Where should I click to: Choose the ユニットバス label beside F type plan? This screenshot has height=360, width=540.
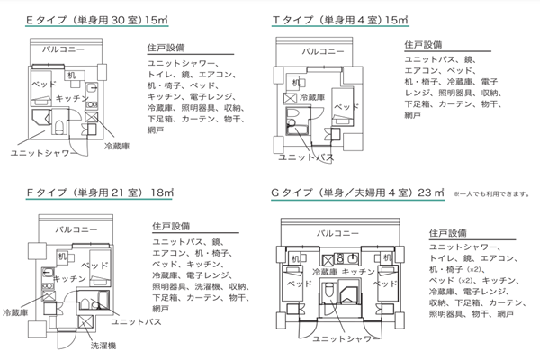(133, 319)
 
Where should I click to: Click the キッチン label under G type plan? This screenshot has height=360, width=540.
(358, 271)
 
